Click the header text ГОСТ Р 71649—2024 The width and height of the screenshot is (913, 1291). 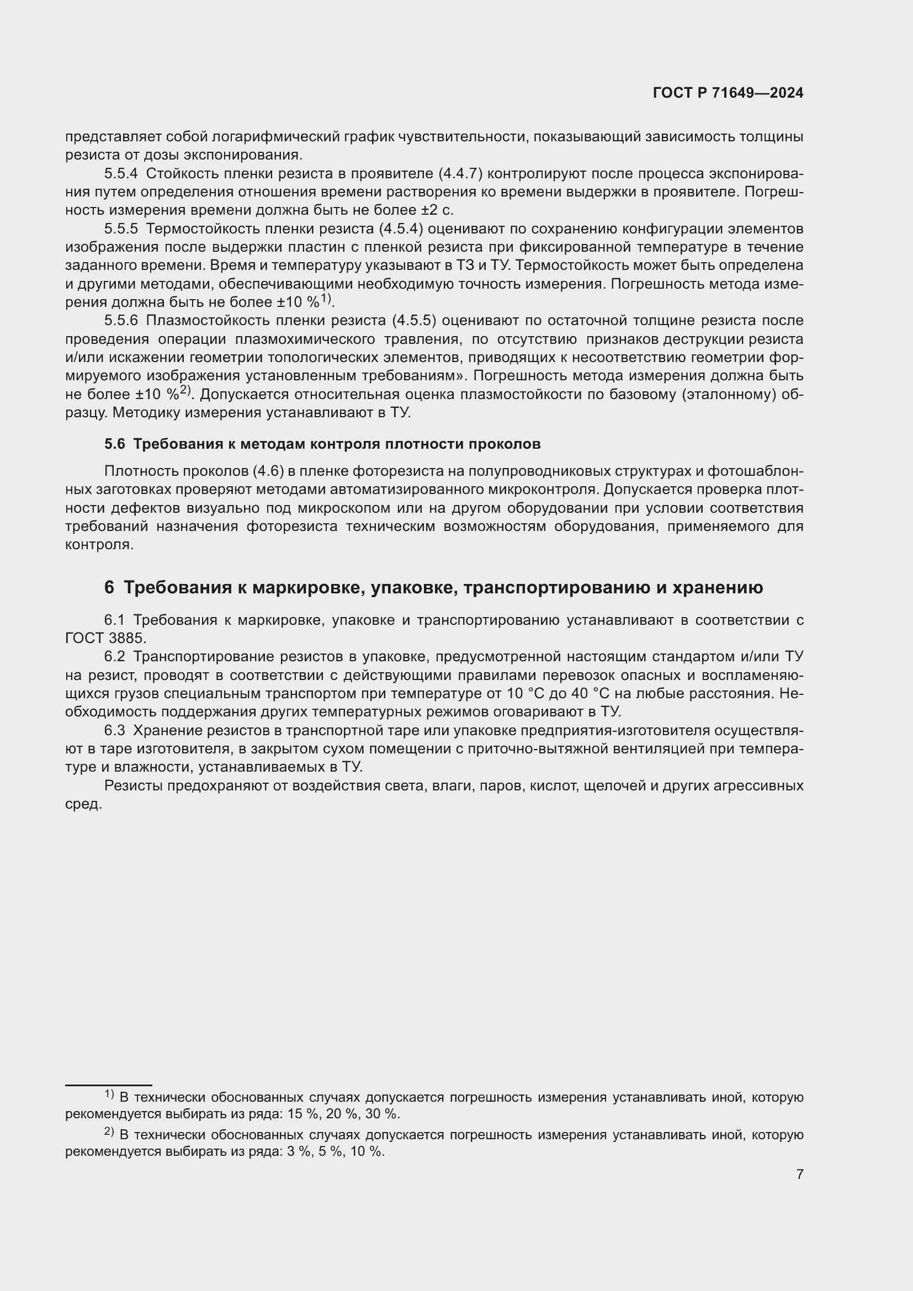[728, 93]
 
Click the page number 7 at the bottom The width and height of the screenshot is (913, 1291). [799, 1174]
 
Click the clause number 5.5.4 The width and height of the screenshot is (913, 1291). [120, 174]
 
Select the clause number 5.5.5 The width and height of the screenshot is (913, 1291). [120, 229]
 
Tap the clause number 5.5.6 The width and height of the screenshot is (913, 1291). [120, 321]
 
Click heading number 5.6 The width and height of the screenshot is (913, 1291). [114, 444]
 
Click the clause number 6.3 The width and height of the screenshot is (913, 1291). [114, 730]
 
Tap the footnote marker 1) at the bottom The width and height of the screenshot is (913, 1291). [109, 1095]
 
